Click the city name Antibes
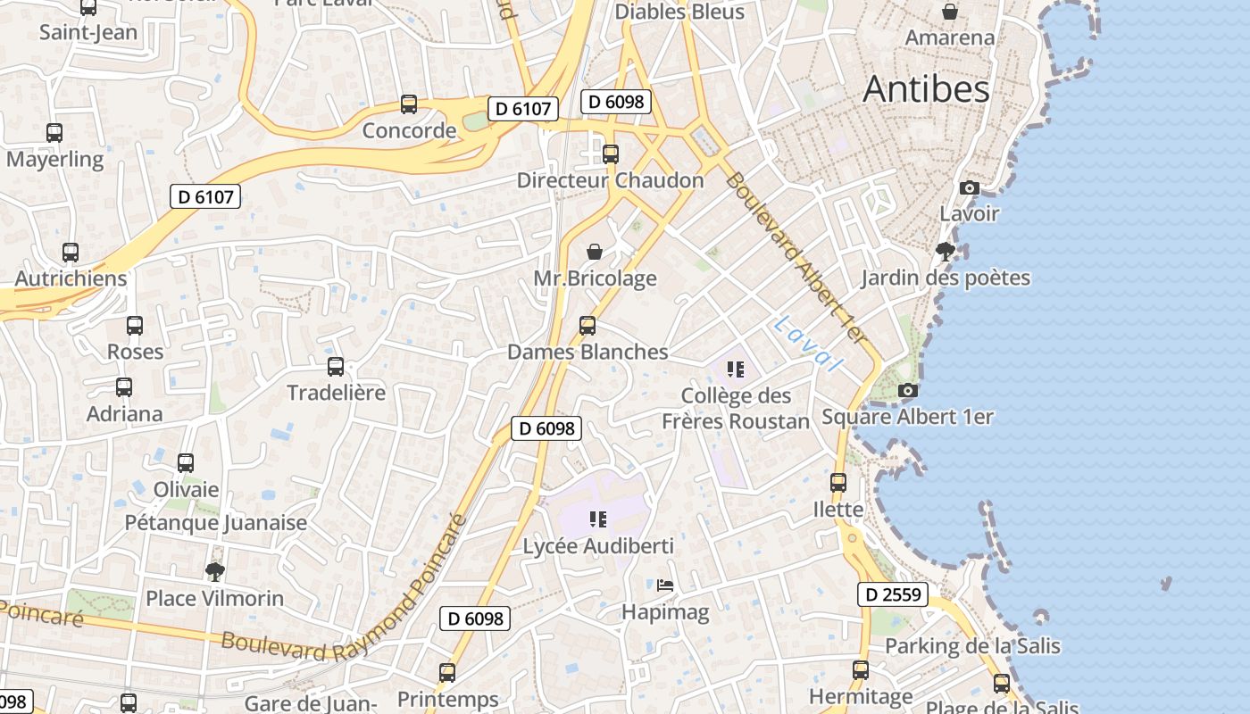click(926, 89)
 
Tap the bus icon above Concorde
click(409, 104)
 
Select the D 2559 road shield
click(893, 594)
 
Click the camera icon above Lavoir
click(969, 187)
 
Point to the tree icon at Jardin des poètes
click(946, 252)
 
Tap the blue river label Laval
click(808, 344)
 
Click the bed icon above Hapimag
click(665, 585)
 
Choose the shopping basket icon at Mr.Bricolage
click(595, 252)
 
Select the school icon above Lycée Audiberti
click(598, 519)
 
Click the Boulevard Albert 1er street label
click(796, 259)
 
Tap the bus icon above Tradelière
click(336, 366)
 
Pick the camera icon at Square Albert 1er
click(907, 391)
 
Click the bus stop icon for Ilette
click(838, 483)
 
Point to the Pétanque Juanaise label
click(215, 523)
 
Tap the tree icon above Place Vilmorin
click(214, 571)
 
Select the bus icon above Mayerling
click(54, 133)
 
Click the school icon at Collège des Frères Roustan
click(736, 369)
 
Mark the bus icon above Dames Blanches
click(587, 326)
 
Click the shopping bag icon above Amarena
click(950, 12)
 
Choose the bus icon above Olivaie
click(186, 463)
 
